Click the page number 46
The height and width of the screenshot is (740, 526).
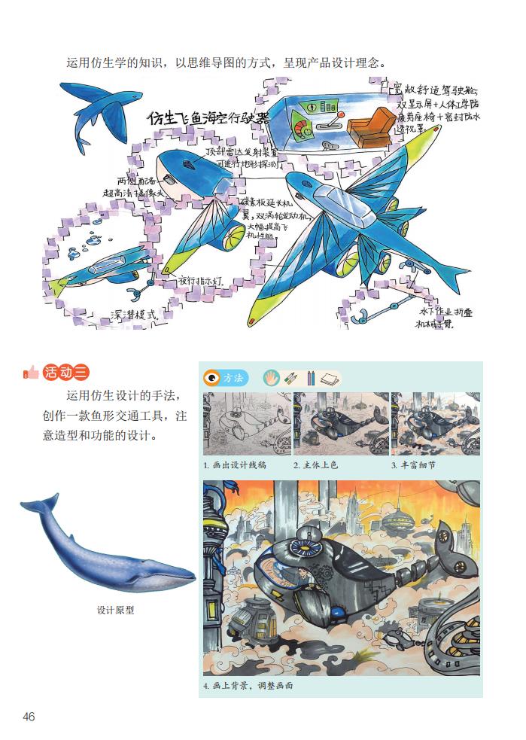[x=29, y=717]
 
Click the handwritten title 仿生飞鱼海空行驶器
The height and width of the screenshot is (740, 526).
[x=208, y=117]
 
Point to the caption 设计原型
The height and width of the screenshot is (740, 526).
[x=115, y=611]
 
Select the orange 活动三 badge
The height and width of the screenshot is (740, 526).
[x=66, y=371]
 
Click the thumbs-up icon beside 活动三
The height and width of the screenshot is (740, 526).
[x=31, y=371]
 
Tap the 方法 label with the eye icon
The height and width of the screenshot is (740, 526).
[x=225, y=378]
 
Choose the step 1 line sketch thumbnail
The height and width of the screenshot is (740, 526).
[x=246, y=424]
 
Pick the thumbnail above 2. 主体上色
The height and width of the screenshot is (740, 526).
[x=341, y=424]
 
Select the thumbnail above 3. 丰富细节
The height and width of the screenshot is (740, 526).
[x=435, y=424]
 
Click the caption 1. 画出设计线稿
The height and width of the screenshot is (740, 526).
[x=235, y=465]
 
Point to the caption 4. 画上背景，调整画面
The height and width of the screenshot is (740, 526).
[x=248, y=687]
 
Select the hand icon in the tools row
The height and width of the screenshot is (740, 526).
[x=272, y=377]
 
